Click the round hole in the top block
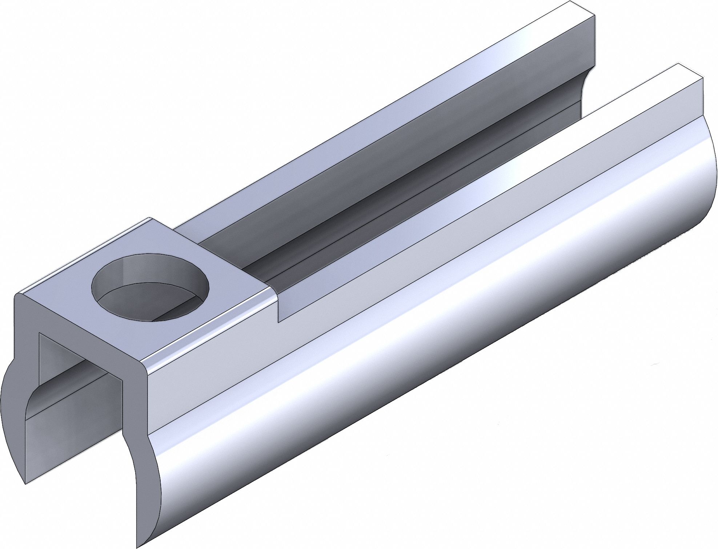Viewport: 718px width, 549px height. [x=151, y=287]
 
